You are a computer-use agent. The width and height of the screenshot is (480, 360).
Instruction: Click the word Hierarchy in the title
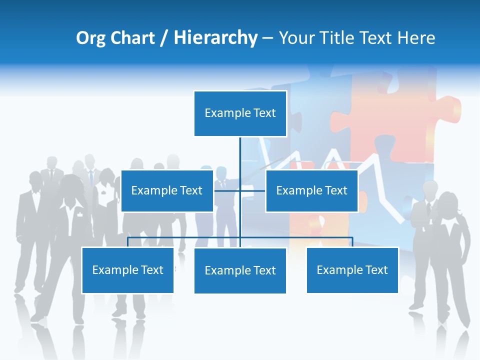215,38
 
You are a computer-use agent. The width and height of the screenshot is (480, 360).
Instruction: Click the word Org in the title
90,38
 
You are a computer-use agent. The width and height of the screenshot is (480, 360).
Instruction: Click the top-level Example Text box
240,113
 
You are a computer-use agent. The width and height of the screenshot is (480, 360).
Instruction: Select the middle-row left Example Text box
166,190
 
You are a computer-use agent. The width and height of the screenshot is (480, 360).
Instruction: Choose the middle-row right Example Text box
311,190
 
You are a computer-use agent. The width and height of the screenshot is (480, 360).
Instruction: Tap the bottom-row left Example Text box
127,270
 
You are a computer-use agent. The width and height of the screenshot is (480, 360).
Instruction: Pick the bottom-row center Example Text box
240,270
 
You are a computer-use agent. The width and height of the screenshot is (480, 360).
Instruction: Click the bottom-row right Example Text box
352,270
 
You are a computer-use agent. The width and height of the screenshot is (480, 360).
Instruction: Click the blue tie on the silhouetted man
91,178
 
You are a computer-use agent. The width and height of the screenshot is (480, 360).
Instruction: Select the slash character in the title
164,38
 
